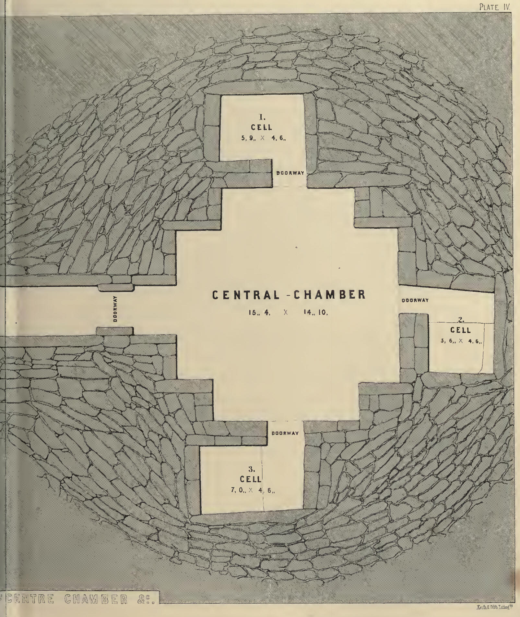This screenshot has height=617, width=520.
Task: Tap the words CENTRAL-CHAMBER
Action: click(289, 295)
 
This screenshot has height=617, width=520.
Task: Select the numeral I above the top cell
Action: click(262, 117)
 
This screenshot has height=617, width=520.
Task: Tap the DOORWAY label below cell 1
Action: click(290, 173)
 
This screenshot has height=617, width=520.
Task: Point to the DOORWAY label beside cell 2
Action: click(415, 301)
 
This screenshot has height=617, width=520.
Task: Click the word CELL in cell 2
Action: click(460, 330)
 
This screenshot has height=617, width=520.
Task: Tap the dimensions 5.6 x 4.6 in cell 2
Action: click(461, 341)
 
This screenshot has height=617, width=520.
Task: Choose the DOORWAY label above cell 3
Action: click(285, 433)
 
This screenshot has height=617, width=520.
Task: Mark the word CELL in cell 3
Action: click(250, 479)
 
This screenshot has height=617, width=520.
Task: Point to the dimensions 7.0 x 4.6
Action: click(253, 491)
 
